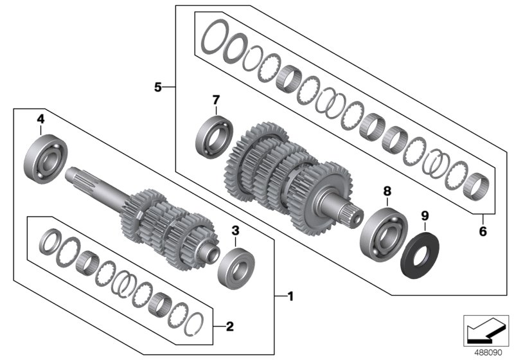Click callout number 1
(290, 296)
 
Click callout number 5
(158, 86)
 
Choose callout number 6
(484, 230)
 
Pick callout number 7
(216, 100)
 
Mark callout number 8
(387, 191)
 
